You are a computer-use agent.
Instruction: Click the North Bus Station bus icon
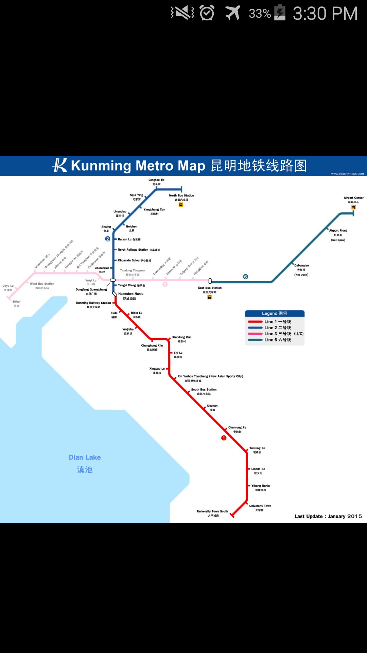coord(181,205)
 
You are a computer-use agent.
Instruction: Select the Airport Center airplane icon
coord(353,207)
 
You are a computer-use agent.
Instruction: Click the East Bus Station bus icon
coord(210,297)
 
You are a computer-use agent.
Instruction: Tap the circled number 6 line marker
coord(246,277)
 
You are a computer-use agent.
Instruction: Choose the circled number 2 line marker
coord(108,239)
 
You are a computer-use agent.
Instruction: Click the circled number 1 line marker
coord(224,438)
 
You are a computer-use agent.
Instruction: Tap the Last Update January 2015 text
coord(328,516)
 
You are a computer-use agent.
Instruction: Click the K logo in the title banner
coord(60,165)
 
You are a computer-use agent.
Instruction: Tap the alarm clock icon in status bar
coord(207,13)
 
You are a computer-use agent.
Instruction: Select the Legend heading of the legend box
coord(275,314)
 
